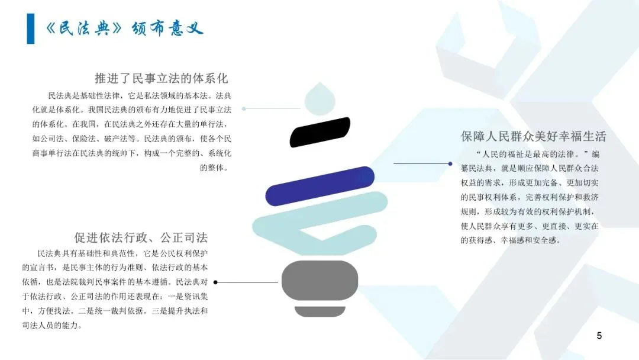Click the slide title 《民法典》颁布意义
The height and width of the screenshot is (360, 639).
pos(124,28)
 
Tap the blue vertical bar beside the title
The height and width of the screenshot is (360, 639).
pos(30,28)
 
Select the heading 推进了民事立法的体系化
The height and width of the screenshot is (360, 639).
pos(161,78)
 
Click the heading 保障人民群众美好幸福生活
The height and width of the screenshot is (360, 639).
pos(533,136)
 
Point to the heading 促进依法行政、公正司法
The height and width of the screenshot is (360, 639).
pos(141,238)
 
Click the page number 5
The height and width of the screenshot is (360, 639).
pos(599,336)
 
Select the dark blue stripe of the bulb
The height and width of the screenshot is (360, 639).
pos(320,186)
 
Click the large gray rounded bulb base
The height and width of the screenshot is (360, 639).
pos(319,280)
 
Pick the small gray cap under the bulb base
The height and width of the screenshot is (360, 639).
pos(319,311)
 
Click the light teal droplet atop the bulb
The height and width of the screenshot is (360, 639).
pos(320,98)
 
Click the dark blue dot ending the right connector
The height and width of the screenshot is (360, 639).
pos(392,163)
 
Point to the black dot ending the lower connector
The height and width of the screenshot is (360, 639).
pos(215,282)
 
